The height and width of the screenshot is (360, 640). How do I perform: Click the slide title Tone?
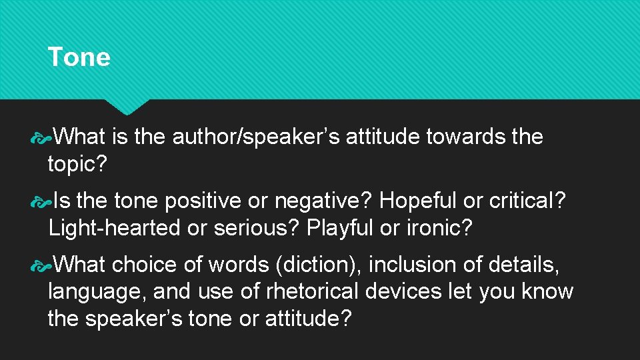[x=79, y=57]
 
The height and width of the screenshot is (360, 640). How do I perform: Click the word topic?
[x=77, y=165]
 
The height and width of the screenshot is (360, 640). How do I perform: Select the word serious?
[x=257, y=228]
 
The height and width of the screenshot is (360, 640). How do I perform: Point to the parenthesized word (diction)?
[x=319, y=265]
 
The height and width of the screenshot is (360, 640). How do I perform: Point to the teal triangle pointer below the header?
[x=127, y=107]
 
